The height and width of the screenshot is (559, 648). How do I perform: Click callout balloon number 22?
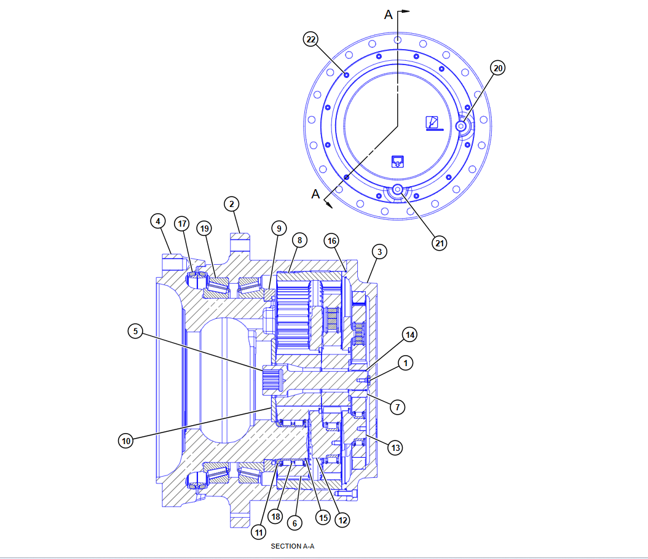click(310, 39)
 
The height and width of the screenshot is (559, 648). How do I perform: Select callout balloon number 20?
click(498, 68)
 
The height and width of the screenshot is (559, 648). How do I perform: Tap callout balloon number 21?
click(440, 243)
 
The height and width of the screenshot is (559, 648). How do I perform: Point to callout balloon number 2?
click(231, 204)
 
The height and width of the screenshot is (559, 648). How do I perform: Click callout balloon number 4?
click(158, 221)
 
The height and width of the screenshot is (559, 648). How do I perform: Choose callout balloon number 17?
click(182, 224)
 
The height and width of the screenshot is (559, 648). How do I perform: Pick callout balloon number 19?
click(204, 229)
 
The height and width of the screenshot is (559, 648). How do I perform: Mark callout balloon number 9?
click(279, 229)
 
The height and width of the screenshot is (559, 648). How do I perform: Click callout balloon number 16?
click(332, 241)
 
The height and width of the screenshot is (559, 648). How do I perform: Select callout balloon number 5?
click(135, 331)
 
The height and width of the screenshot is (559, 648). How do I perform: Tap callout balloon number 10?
click(126, 441)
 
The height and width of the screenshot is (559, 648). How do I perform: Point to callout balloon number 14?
click(409, 334)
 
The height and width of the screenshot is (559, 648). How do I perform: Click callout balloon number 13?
click(395, 448)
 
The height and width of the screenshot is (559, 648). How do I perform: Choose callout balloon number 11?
click(259, 533)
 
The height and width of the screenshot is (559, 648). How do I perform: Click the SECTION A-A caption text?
click(292, 546)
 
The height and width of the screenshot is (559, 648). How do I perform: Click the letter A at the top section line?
click(388, 15)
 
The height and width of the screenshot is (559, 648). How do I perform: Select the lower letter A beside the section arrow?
click(315, 194)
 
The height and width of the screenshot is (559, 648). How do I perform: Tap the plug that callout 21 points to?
click(398, 189)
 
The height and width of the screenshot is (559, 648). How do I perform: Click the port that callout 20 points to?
click(460, 126)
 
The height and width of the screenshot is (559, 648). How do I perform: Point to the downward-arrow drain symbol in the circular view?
click(398, 162)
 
